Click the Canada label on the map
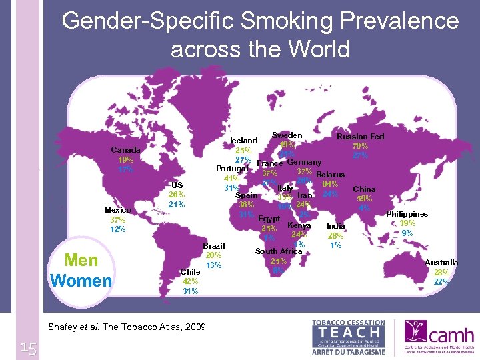(125, 150)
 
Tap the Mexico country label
(117, 210)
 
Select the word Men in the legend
(81, 261)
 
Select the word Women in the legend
(81, 281)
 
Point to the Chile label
(191, 272)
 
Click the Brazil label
(214, 246)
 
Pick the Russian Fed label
(360, 137)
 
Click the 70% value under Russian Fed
(360, 146)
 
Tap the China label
(364, 189)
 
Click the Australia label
(441, 263)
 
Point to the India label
(335, 226)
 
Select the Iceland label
(243, 141)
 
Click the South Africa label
(279, 251)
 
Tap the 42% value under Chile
(190, 281)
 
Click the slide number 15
(28, 347)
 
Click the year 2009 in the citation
(195, 327)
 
